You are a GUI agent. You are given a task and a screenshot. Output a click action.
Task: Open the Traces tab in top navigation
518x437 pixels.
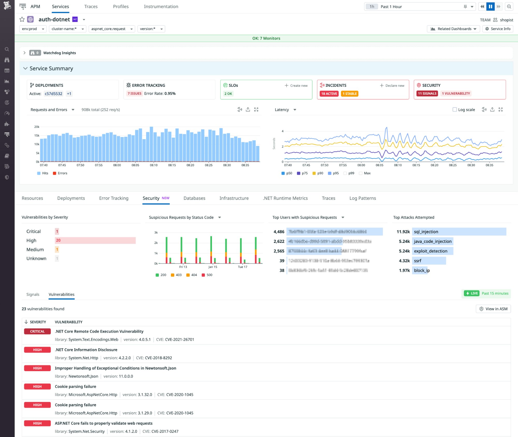point(91,6)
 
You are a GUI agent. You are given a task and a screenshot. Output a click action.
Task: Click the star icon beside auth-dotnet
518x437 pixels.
point(22,19)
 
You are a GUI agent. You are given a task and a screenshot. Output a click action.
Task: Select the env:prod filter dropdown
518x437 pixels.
point(33,29)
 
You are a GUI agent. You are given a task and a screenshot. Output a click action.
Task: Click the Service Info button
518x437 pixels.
point(498,29)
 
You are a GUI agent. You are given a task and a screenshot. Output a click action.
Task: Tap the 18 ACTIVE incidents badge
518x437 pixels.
point(329,94)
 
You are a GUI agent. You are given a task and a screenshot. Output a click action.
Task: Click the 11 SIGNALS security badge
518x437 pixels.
point(427,94)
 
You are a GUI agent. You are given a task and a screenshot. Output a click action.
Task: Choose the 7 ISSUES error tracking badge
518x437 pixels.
point(134,94)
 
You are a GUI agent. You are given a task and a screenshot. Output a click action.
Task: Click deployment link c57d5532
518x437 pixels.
point(53,94)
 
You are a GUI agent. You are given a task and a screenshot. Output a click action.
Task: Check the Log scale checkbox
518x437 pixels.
point(455,110)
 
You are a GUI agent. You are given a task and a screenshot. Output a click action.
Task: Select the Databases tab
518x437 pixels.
point(194,198)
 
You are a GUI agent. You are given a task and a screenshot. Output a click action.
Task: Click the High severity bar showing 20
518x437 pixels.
point(95,241)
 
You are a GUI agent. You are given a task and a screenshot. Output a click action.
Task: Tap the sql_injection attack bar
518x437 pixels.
point(459,232)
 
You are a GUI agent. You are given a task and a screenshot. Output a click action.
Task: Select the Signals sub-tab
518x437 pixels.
point(33,294)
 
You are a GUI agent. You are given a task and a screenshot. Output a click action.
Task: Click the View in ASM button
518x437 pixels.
point(493,309)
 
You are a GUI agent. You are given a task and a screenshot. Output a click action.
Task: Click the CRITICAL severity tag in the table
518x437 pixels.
point(37,332)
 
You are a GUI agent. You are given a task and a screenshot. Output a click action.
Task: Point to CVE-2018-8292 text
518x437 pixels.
point(158,358)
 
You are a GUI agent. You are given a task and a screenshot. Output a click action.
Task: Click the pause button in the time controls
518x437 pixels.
point(490,7)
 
